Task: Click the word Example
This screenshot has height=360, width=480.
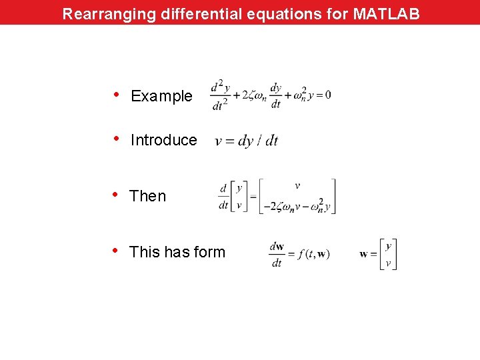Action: click(x=161, y=96)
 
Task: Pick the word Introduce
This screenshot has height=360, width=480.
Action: click(x=163, y=140)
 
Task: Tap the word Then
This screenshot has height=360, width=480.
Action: click(x=147, y=196)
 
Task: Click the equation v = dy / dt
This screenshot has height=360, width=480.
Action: click(x=246, y=141)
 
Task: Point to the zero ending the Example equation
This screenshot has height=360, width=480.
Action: click(x=327, y=95)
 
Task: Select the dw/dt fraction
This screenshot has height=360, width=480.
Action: click(x=277, y=254)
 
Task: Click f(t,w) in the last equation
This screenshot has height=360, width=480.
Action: click(x=314, y=254)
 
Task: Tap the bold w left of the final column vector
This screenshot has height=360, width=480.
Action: click(x=363, y=254)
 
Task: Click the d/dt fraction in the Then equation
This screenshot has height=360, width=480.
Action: click(x=223, y=197)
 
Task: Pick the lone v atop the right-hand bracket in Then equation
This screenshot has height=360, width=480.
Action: click(x=297, y=186)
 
